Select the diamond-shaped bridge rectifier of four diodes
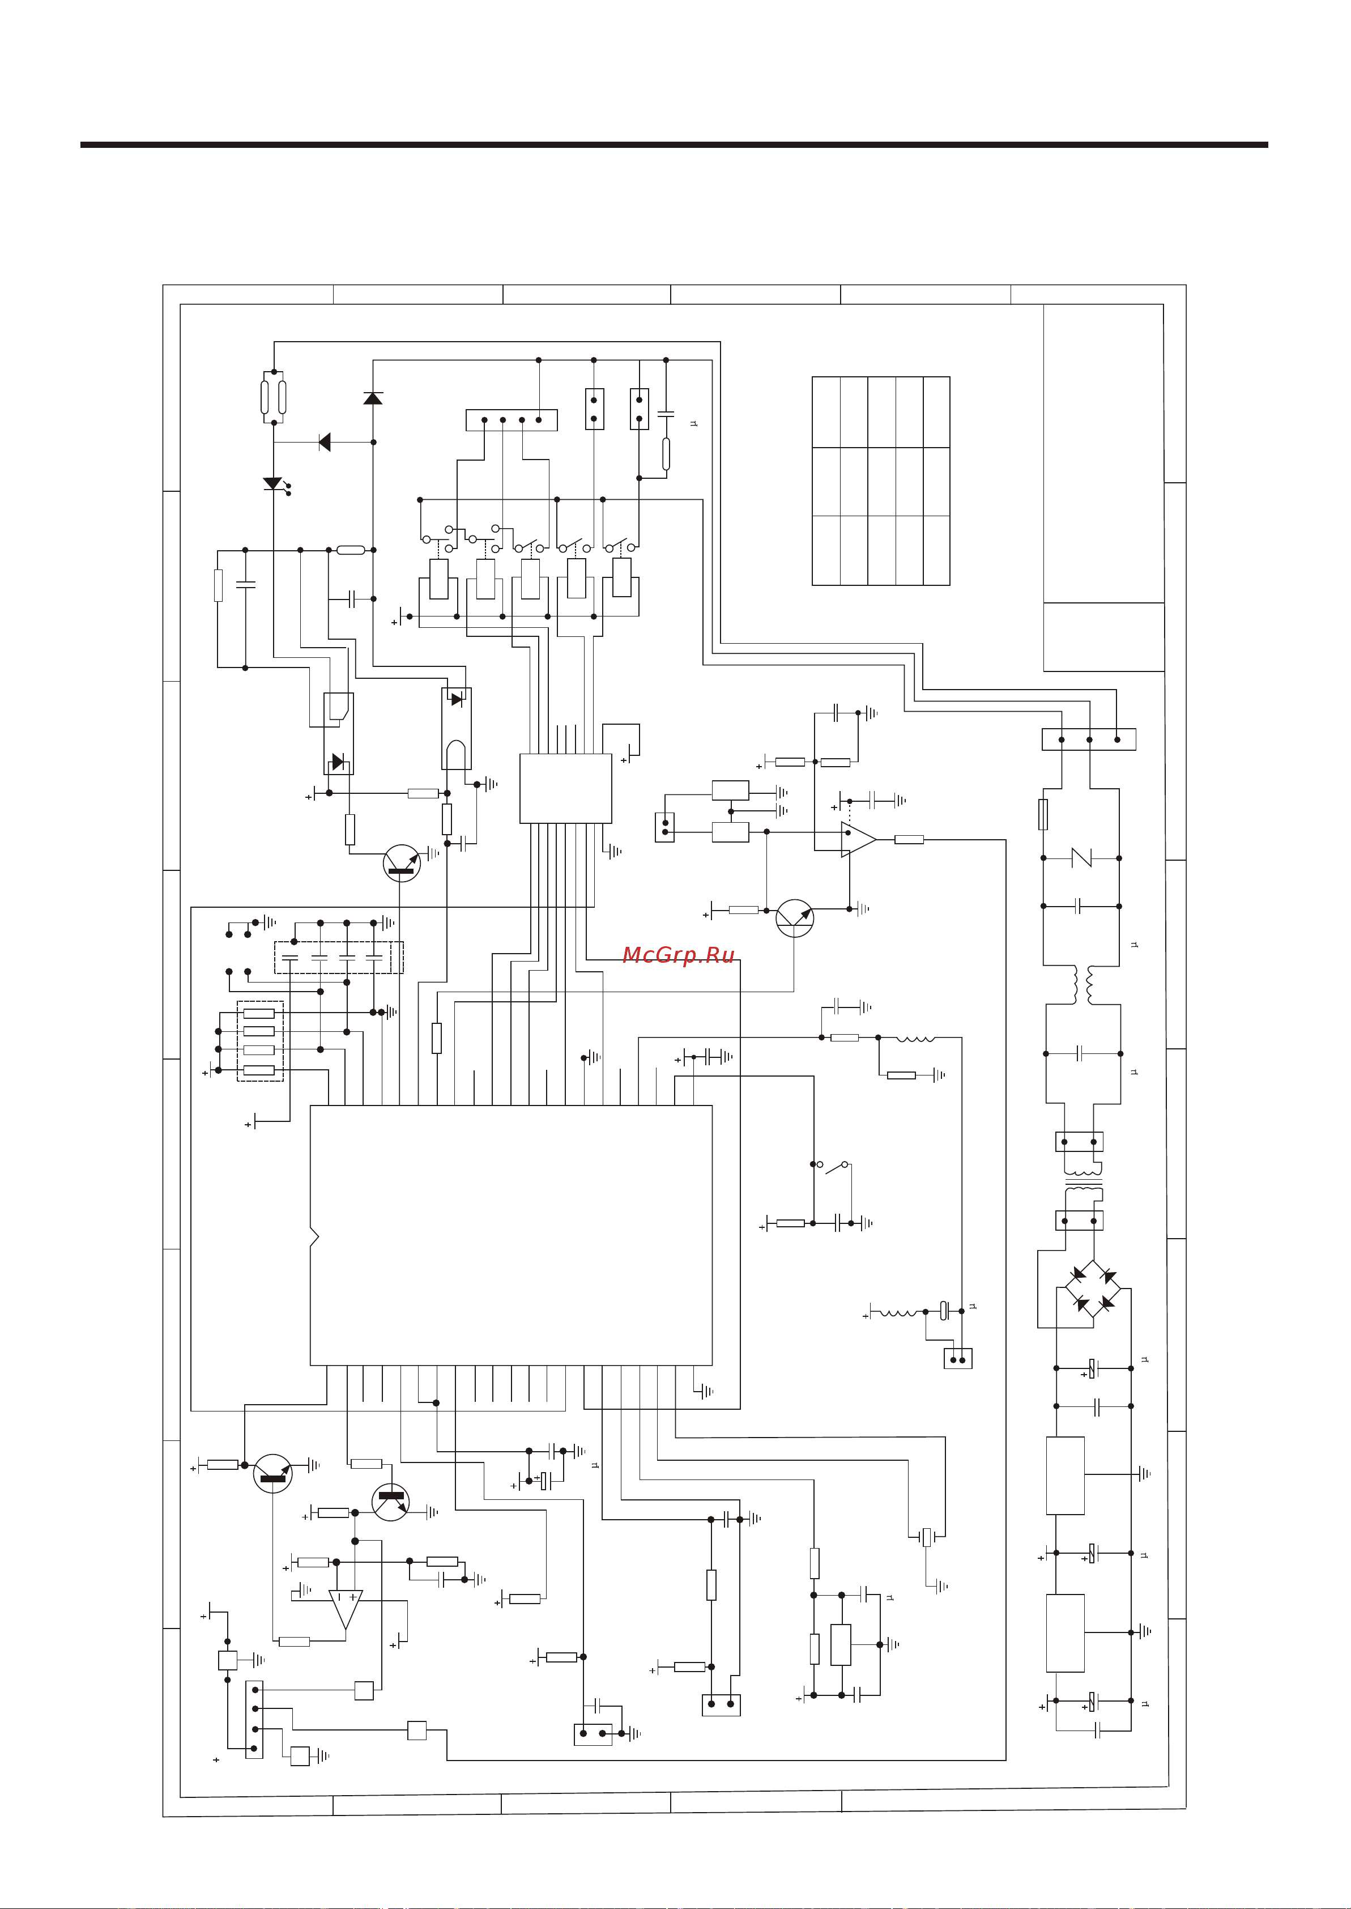click(x=1093, y=1289)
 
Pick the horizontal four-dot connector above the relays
click(x=511, y=420)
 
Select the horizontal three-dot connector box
click(x=1088, y=739)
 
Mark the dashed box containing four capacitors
click(x=339, y=957)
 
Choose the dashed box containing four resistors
click(x=261, y=1041)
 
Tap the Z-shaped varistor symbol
click(x=1081, y=857)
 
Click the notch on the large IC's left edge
click(x=314, y=1238)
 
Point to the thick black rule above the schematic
click(x=674, y=145)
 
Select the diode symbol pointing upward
click(x=373, y=398)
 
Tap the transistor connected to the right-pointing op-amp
click(x=795, y=918)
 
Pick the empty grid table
click(x=880, y=481)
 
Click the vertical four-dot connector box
click(x=254, y=1719)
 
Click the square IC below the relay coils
click(x=566, y=788)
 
